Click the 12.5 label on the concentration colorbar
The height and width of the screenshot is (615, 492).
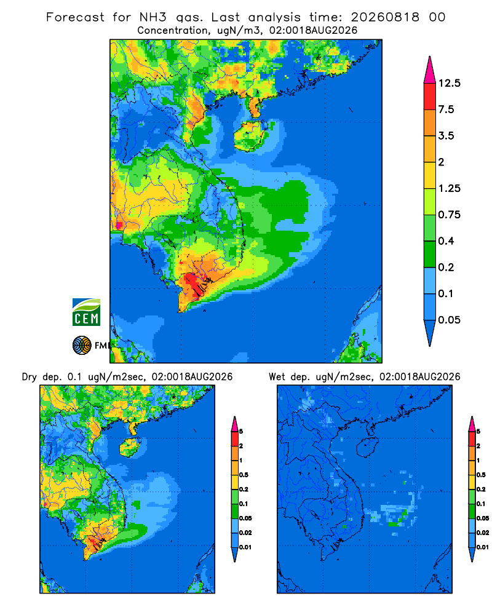click(449, 83)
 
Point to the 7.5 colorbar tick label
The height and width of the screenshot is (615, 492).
click(446, 109)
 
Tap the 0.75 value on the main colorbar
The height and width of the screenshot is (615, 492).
click(449, 215)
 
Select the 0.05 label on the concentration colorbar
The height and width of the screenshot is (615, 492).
click(449, 320)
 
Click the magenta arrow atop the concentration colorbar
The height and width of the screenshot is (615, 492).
click(430, 71)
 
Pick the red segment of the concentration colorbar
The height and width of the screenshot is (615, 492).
click(430, 97)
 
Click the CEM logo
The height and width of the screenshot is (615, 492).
click(86, 312)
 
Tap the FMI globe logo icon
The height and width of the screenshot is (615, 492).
click(82, 346)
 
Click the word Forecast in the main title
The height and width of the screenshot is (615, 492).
click(75, 17)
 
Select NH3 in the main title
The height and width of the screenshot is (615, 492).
click(153, 17)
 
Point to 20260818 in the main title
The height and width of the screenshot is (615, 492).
click(385, 17)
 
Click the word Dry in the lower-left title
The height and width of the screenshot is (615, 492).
click(30, 377)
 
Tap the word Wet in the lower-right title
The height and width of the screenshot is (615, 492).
click(277, 377)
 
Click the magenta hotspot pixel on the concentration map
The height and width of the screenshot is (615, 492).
click(119, 225)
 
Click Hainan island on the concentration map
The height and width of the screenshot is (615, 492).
click(250, 136)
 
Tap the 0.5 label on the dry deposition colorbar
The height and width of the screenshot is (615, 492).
click(244, 475)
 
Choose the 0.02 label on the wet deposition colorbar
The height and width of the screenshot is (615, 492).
click(483, 533)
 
